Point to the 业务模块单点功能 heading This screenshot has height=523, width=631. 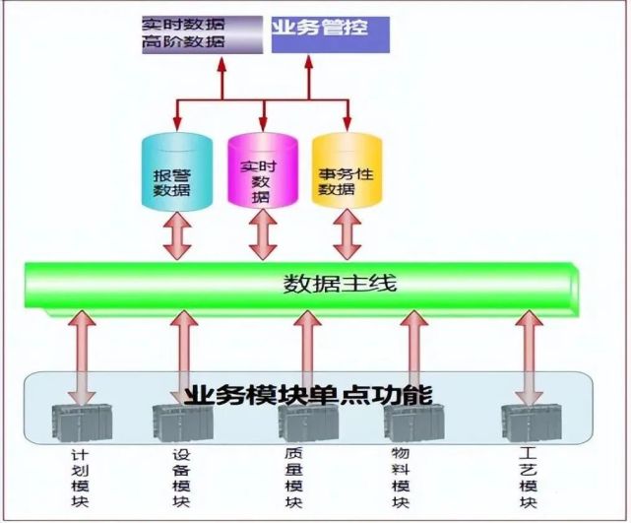coord(307,395)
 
